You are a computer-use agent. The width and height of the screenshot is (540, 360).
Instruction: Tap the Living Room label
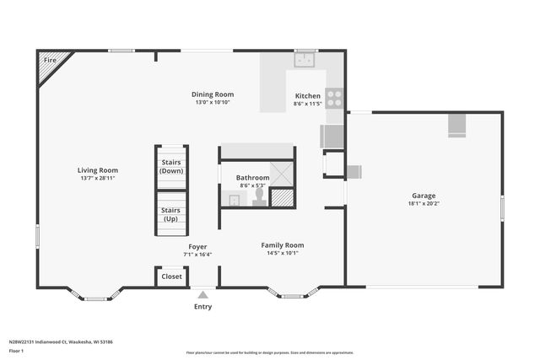[x=98, y=170]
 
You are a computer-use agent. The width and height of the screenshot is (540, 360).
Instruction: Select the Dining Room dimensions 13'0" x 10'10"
[x=212, y=103]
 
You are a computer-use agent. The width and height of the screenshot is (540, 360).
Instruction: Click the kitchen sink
[x=304, y=59]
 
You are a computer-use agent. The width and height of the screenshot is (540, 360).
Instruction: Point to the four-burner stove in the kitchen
[x=335, y=98]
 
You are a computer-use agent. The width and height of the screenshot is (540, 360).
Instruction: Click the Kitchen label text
[x=307, y=96]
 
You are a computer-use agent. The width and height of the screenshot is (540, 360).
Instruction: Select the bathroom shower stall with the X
[x=282, y=173]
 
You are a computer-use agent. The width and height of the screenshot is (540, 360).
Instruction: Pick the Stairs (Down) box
[x=172, y=166]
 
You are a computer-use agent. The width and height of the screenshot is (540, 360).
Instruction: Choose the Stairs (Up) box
[x=171, y=214]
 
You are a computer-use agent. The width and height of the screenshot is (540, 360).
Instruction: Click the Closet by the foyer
[x=171, y=277]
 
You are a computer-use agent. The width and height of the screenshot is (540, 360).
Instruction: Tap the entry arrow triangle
[x=202, y=294]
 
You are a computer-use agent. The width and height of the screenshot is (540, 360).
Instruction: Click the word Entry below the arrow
[x=202, y=306]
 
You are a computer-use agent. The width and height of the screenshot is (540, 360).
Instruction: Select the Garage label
[x=424, y=195]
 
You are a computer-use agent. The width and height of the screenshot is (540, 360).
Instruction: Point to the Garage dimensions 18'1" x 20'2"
[x=424, y=203]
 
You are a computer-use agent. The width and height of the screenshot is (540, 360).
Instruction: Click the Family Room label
[x=282, y=245]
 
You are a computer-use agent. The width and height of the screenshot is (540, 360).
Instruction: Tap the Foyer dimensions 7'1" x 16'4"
[x=197, y=254]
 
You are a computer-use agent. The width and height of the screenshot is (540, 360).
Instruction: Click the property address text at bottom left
[x=61, y=342]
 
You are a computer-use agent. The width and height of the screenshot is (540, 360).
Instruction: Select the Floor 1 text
[x=17, y=351]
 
